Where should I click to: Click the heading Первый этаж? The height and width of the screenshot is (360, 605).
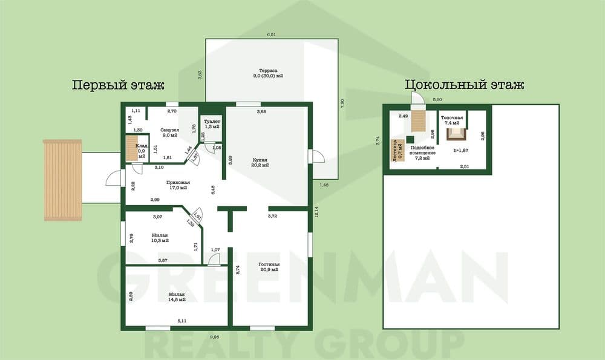tap(118, 85)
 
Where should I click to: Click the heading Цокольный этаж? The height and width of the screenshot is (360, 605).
tap(464, 85)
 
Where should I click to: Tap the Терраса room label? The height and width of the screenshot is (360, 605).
tap(268, 72)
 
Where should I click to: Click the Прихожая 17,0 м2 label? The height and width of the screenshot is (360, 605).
tap(178, 185)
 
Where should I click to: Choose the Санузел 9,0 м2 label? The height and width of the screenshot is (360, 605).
tap(169, 133)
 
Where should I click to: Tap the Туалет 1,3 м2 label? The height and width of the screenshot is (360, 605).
tap(212, 123)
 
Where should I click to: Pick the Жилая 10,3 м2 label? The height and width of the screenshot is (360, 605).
tap(160, 238)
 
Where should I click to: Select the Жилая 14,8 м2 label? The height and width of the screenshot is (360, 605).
tap(177, 296)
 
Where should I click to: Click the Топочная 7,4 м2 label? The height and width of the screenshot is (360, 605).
tap(452, 120)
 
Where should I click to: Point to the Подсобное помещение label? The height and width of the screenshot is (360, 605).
tap(422, 151)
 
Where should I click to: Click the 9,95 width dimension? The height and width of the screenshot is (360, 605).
tap(215, 336)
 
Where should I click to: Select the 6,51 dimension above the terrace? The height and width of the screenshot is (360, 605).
tap(272, 35)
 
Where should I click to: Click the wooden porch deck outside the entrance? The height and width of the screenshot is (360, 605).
tap(62, 180)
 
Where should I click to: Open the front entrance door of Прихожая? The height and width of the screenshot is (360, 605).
tap(115, 180)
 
